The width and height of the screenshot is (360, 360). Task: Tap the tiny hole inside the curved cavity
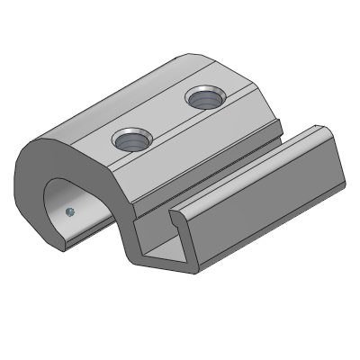click(x=69, y=211)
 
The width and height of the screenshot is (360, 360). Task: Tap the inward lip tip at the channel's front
click(x=173, y=217)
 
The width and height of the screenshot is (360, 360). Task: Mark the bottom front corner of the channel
click(x=191, y=269)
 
